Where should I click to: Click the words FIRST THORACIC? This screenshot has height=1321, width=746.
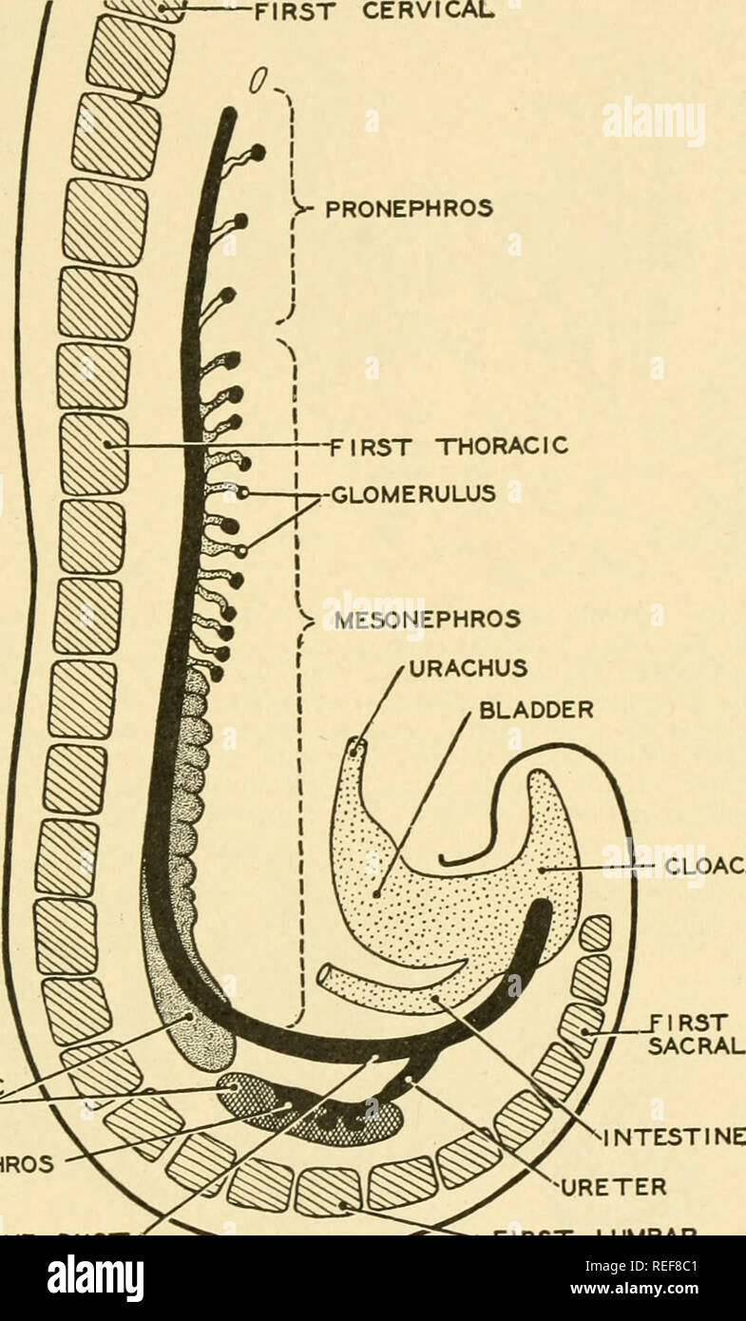coord(447,444)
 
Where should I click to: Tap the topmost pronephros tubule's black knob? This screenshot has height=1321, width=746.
coord(258,152)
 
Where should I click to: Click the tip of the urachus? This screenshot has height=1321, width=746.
coord(355,748)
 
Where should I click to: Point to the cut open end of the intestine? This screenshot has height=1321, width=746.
coord(326,975)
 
